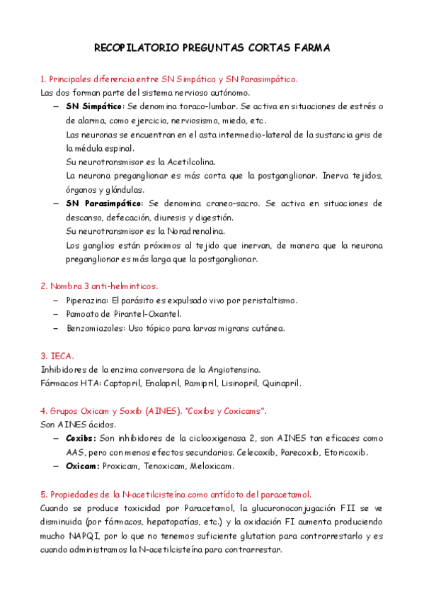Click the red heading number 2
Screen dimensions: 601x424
point(43,286)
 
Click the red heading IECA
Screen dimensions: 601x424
point(62,356)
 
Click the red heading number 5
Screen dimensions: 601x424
point(43,494)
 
